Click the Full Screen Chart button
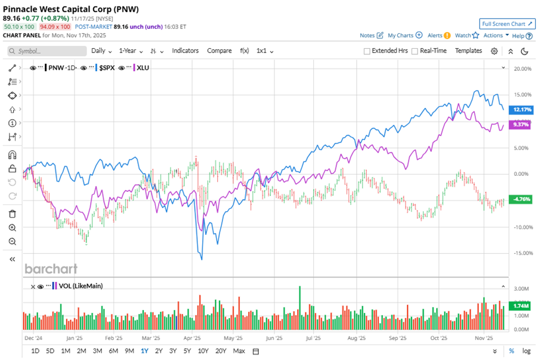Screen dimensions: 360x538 (506, 24)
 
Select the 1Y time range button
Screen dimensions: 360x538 (144, 350)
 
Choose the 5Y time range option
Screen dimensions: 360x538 (187, 350)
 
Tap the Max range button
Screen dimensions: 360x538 (239, 350)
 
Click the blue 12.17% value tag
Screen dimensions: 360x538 (521, 110)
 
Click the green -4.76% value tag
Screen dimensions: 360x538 (521, 198)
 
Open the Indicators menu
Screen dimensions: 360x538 (185, 51)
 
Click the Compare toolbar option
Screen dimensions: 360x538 (219, 51)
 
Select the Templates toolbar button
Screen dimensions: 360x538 (468, 51)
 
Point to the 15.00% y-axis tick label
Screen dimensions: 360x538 (522, 95)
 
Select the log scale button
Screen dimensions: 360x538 (526, 350)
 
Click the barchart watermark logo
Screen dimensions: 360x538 (50, 269)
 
